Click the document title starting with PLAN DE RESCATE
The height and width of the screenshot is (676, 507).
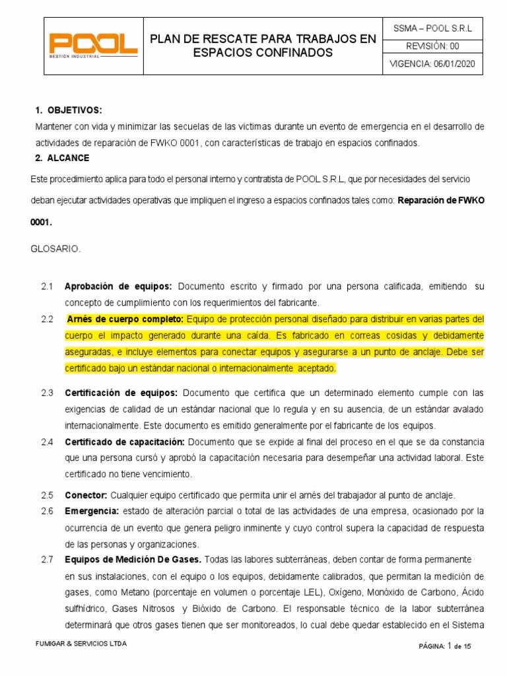pos(263,46)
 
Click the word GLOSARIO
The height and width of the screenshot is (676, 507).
pos(56,249)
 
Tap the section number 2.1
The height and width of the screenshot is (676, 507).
pos(46,287)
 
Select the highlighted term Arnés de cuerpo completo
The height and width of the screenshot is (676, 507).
pos(125,320)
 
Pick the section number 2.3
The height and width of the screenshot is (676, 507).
pos(46,392)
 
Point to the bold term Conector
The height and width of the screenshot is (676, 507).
pos(86,495)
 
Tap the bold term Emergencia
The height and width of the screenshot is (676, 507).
pos(92,511)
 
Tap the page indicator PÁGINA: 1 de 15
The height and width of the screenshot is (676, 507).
pos(445,646)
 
